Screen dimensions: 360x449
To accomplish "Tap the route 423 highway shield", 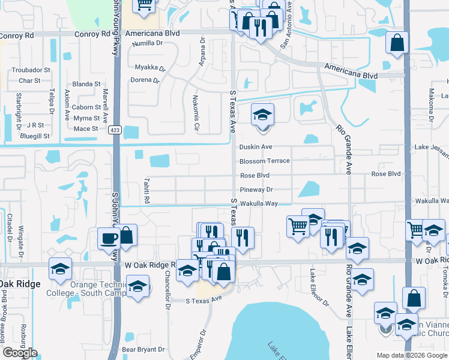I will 115,129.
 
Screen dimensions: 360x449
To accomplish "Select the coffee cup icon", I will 109,238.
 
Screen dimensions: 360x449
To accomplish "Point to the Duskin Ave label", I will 256,147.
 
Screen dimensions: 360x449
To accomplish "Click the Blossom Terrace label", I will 264,161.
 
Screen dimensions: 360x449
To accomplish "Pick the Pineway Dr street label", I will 256,190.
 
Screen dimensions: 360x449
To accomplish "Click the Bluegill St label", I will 35,136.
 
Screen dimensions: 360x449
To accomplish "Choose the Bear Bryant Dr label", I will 143,349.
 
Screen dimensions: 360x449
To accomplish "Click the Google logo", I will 20,353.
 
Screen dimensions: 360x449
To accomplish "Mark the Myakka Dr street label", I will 149,67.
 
